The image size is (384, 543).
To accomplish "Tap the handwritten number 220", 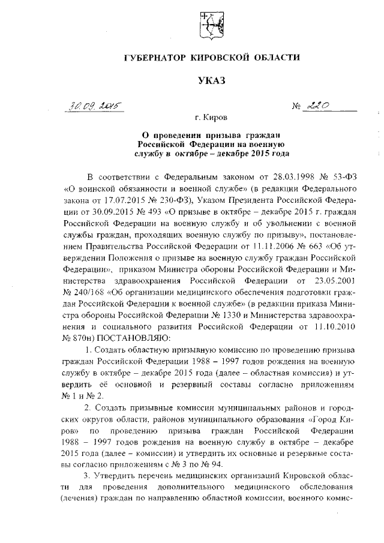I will tap(319, 106).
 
